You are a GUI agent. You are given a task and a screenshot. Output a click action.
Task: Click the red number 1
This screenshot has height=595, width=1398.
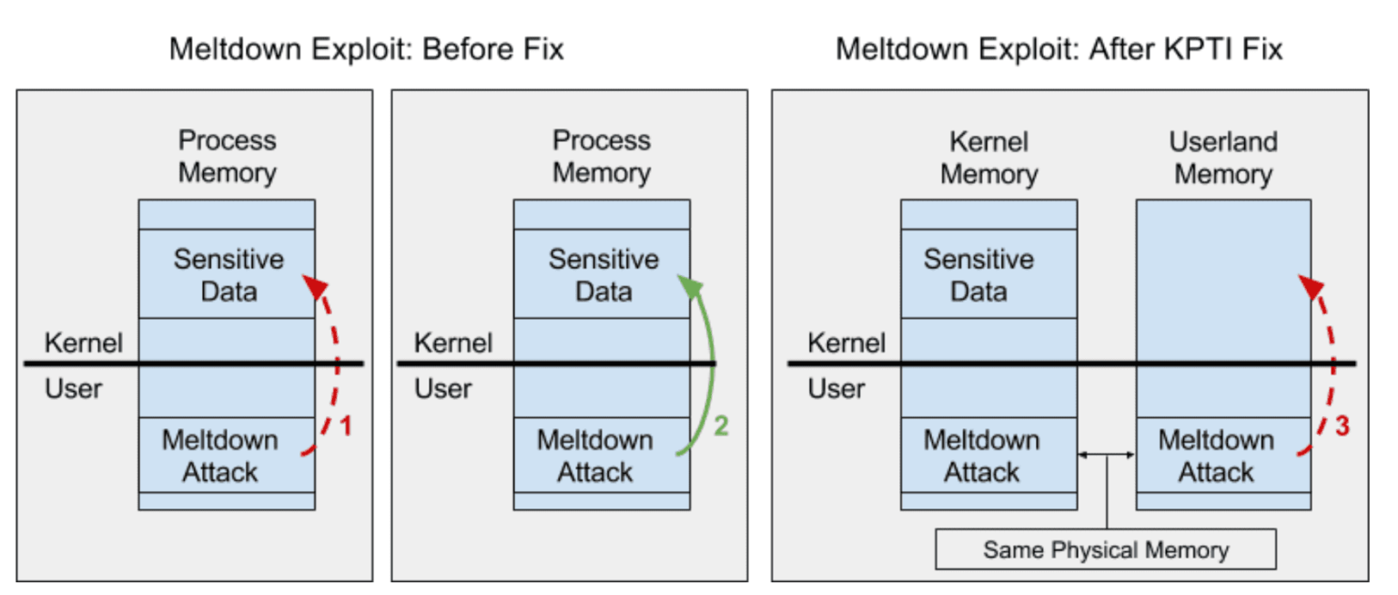pos(344,426)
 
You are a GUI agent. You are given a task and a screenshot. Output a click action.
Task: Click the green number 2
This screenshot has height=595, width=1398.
pos(721,426)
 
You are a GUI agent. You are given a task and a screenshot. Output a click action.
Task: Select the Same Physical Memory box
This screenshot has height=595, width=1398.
pos(1106,550)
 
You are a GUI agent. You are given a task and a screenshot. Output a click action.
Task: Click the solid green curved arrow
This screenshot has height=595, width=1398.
pos(707,364)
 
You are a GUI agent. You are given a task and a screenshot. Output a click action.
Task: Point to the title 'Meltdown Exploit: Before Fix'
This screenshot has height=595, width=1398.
pos(367,47)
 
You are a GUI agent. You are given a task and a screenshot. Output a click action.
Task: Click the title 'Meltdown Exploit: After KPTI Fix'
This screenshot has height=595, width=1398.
pos(1059,47)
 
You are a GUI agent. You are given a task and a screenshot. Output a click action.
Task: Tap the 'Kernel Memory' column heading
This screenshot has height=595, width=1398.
pos(988,158)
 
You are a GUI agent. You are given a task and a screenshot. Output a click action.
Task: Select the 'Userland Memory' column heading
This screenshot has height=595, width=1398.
pos(1223,158)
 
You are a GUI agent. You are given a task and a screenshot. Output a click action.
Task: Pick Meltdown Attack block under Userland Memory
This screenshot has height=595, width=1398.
pos(1216,456)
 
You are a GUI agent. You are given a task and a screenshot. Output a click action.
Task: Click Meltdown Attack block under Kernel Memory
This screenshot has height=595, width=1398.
pos(981,456)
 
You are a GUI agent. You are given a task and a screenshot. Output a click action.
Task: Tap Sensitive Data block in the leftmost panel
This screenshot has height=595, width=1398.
pos(228,274)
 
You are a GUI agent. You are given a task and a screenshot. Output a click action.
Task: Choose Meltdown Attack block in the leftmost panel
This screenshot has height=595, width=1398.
pos(220,456)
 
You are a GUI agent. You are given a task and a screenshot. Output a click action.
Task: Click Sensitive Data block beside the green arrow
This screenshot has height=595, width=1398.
pos(603,274)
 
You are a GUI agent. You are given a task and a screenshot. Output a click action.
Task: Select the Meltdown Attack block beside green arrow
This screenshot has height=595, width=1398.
pos(595,456)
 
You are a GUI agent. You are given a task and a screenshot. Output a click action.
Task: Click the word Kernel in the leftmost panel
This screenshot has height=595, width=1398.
pos(84,344)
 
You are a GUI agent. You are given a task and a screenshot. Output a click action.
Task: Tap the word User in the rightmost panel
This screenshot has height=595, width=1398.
pos(836,389)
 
